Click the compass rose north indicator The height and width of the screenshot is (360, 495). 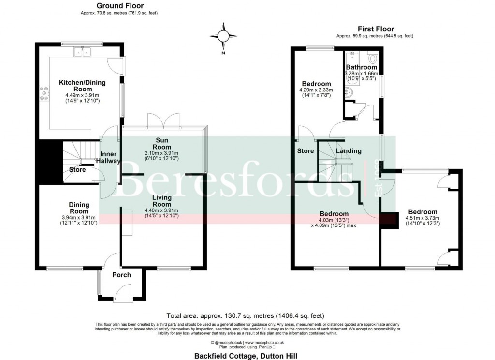coord(223,36)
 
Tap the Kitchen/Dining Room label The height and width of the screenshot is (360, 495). coord(82,86)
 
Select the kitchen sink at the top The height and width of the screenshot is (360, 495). coord(83,51)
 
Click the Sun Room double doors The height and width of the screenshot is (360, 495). coord(163,121)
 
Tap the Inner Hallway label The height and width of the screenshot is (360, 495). coord(110,158)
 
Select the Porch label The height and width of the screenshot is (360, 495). coord(121,275)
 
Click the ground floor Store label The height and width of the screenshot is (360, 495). coord(77,170)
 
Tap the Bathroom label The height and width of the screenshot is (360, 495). coord(361,67)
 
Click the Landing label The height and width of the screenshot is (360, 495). coord(349,151)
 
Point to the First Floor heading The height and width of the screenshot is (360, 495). coord(376,30)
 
